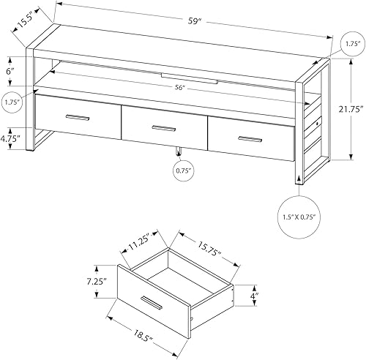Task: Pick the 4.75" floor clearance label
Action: click(12, 137)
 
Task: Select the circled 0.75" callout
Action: click(183, 171)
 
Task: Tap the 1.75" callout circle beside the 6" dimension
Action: click(12, 102)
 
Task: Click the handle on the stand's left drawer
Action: click(76, 117)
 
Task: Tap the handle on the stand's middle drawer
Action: click(164, 128)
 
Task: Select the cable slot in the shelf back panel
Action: click(188, 78)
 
